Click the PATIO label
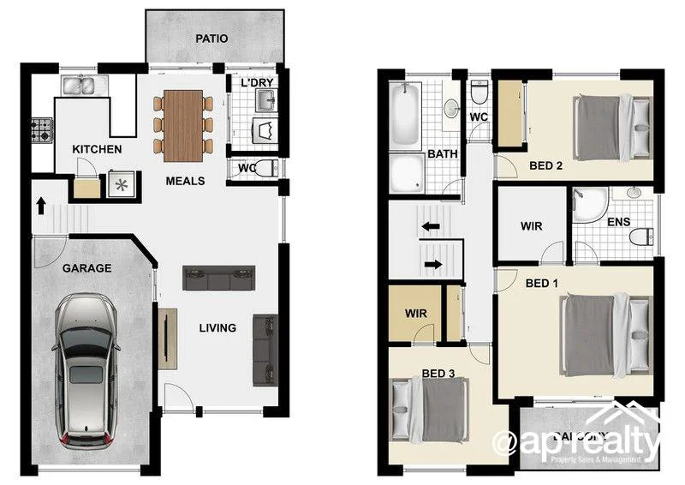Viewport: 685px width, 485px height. coord(211,39)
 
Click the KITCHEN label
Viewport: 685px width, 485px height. coord(97,150)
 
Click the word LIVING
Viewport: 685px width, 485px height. coord(217,328)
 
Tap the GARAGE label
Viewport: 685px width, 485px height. coord(86,268)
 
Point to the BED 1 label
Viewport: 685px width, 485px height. coord(541,283)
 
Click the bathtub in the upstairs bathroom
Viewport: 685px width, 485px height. coord(405,114)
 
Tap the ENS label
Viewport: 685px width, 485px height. coord(618,223)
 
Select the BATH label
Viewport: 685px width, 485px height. coord(443,155)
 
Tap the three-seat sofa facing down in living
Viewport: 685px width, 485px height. coord(219,278)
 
